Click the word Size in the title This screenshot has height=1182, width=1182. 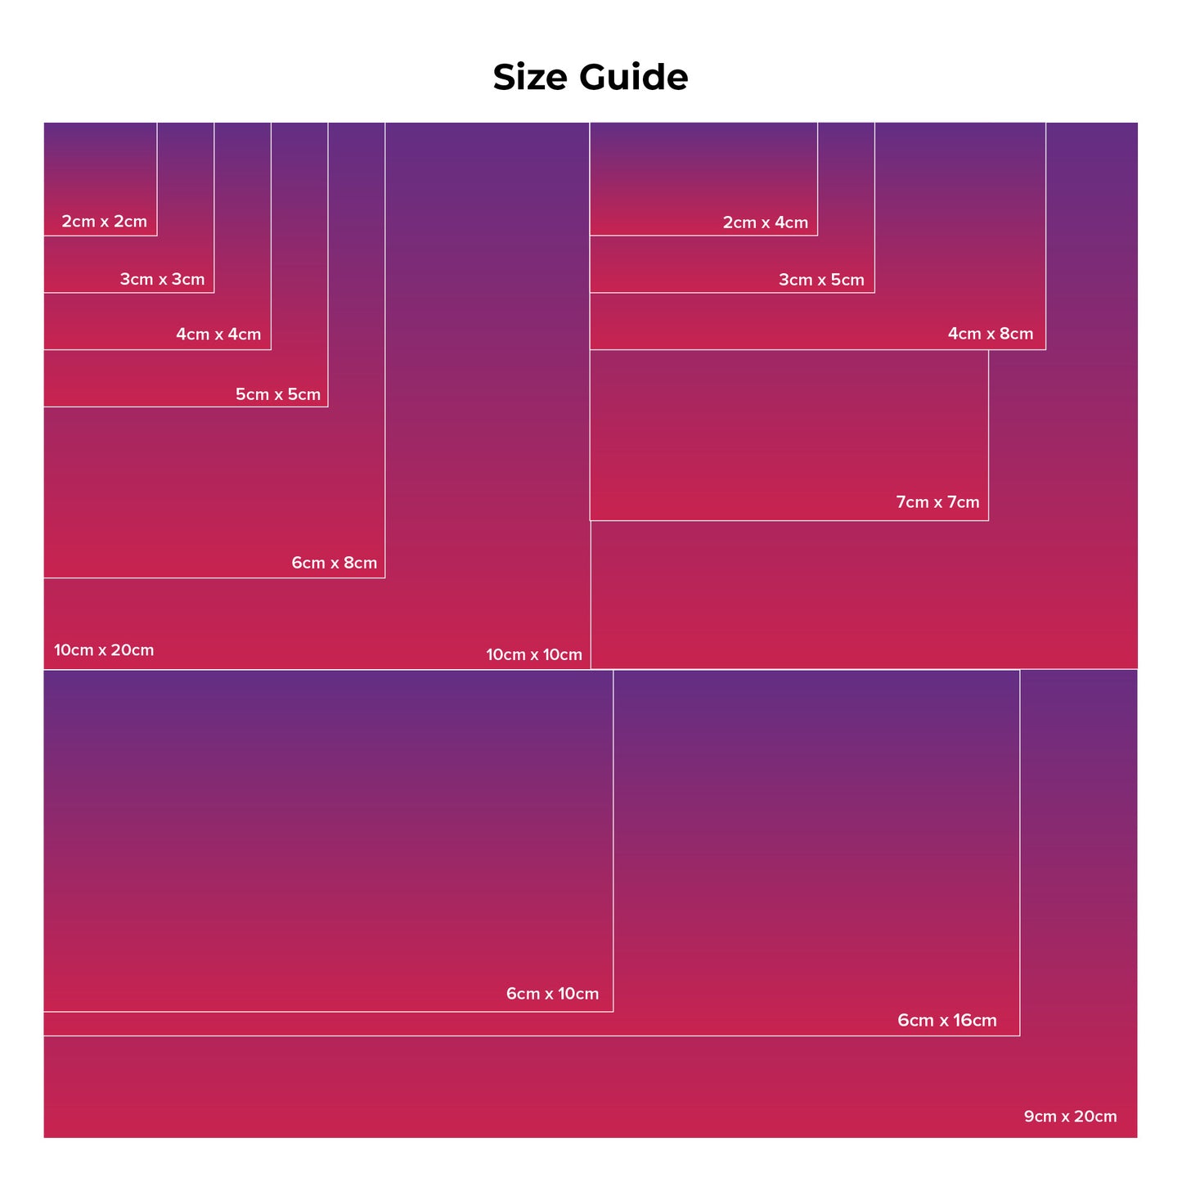coord(531,77)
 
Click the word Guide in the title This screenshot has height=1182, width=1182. coord(634,77)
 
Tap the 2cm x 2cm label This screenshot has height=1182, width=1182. coord(104,222)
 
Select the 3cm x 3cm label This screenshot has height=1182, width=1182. coord(163,279)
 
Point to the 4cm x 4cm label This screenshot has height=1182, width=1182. coord(219,335)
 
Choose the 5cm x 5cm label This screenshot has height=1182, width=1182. coord(278,394)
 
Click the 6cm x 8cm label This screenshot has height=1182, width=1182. coord(335,563)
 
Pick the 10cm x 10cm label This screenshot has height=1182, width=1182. coord(534,654)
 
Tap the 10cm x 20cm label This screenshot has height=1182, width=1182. coord(104,650)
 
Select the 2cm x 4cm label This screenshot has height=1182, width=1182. coord(766,222)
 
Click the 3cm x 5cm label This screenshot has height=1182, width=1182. coord(822,280)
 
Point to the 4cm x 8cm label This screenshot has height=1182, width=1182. coord(991,334)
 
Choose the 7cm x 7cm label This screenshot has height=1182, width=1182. coord(938,502)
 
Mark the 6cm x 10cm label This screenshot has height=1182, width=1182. coord(553,994)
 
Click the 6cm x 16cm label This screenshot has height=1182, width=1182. coord(947,1020)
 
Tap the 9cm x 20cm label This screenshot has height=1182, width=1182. coord(1071,1117)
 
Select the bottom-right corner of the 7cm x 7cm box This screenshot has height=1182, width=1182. coord(989,521)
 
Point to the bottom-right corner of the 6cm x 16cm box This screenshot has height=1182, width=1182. coord(1020,1036)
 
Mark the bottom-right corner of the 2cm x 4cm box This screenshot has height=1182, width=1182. coord(818,236)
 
